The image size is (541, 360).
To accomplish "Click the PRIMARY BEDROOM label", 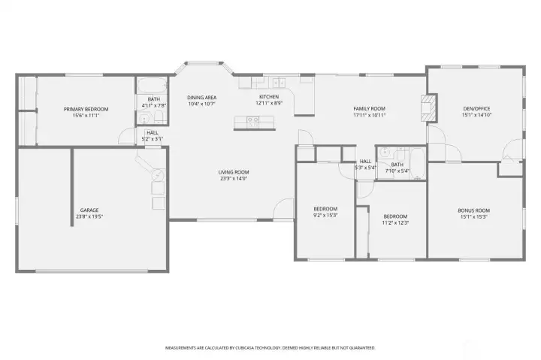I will (x=86, y=110).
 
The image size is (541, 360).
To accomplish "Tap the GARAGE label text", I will (x=90, y=210).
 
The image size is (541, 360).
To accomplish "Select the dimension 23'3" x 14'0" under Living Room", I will (x=234, y=179).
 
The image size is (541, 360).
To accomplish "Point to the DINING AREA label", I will (x=202, y=98).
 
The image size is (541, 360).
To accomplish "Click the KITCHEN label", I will (x=269, y=97).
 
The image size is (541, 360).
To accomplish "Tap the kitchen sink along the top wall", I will (x=277, y=82).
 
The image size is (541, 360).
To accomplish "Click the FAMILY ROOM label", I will (x=369, y=109).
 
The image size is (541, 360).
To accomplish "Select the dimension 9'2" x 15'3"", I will (x=325, y=216).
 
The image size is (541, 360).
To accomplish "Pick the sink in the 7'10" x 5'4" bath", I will (x=385, y=152).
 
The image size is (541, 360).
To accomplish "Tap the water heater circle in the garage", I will (x=158, y=175).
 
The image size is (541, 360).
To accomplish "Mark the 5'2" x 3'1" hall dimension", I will (x=153, y=139).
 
